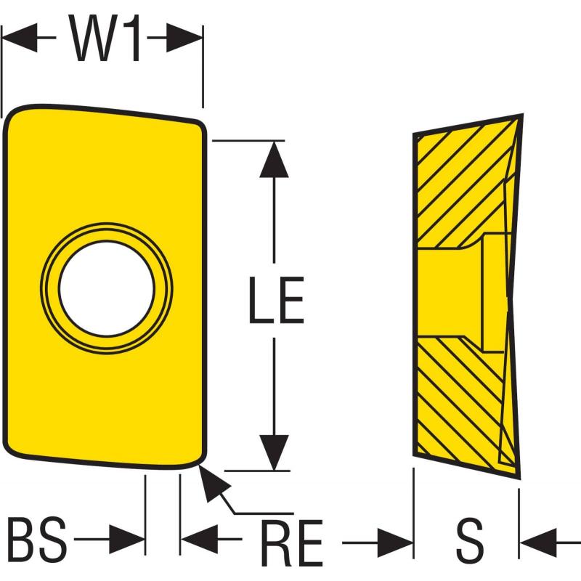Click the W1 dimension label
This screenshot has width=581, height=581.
(x=106, y=38)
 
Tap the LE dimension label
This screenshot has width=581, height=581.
(x=277, y=300)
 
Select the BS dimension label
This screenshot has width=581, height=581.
(x=37, y=539)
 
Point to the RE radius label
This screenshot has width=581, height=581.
(x=292, y=543)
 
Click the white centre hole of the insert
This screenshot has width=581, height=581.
(x=106, y=289)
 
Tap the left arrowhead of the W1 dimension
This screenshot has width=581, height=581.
(x=20, y=38)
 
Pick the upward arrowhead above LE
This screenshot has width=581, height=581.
(x=274, y=159)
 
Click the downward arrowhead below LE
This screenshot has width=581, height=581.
(x=274, y=452)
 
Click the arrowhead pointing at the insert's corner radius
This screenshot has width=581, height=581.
(x=212, y=482)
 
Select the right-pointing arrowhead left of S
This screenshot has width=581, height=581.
(x=395, y=543)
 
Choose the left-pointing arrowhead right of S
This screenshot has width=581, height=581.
(x=538, y=543)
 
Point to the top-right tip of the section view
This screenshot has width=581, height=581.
(x=522, y=115)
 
